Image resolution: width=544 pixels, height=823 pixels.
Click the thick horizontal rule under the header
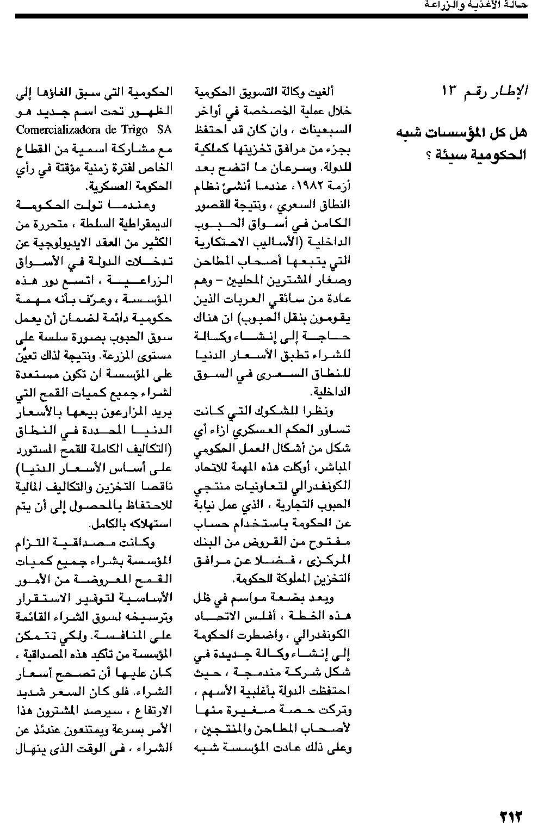(x=272, y=16)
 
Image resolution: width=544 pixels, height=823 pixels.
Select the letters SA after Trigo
(x=164, y=130)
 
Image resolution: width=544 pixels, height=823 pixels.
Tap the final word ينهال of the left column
(x=26, y=747)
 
